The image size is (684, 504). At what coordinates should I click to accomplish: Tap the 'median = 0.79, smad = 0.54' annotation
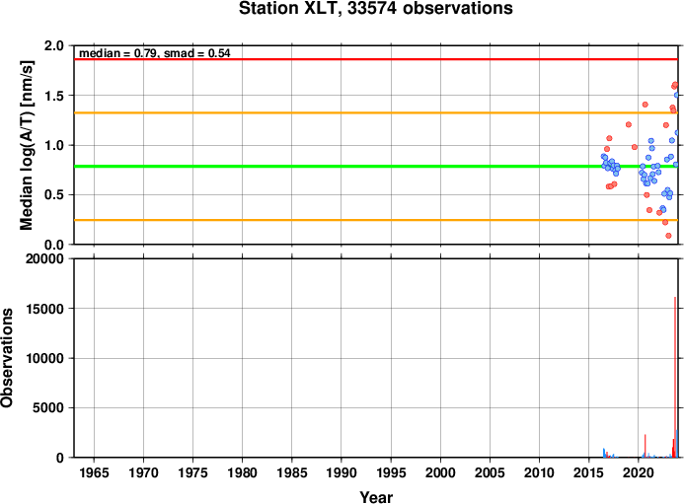pos(155,53)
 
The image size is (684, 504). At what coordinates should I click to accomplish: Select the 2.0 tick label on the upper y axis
pos(53,45)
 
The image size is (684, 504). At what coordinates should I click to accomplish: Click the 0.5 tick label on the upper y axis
pos(53,195)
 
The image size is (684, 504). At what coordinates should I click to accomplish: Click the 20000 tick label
pos(44,259)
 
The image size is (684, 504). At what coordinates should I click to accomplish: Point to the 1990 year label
pos(342,472)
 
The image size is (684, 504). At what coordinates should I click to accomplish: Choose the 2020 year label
pos(639,472)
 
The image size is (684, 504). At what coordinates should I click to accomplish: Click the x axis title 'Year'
pos(376,497)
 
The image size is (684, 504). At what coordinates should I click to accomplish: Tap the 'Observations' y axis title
pos(7,358)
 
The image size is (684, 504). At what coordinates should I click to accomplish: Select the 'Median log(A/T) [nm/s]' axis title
pos(27,145)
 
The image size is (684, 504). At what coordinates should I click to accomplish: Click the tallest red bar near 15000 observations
pos(675,377)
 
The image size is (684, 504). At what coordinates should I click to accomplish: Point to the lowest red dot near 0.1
pos(668,236)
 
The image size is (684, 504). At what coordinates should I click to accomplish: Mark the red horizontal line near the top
pos(376,59)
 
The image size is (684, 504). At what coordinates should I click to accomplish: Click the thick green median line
pos(376,166)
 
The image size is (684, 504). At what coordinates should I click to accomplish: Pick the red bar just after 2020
pos(646,446)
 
